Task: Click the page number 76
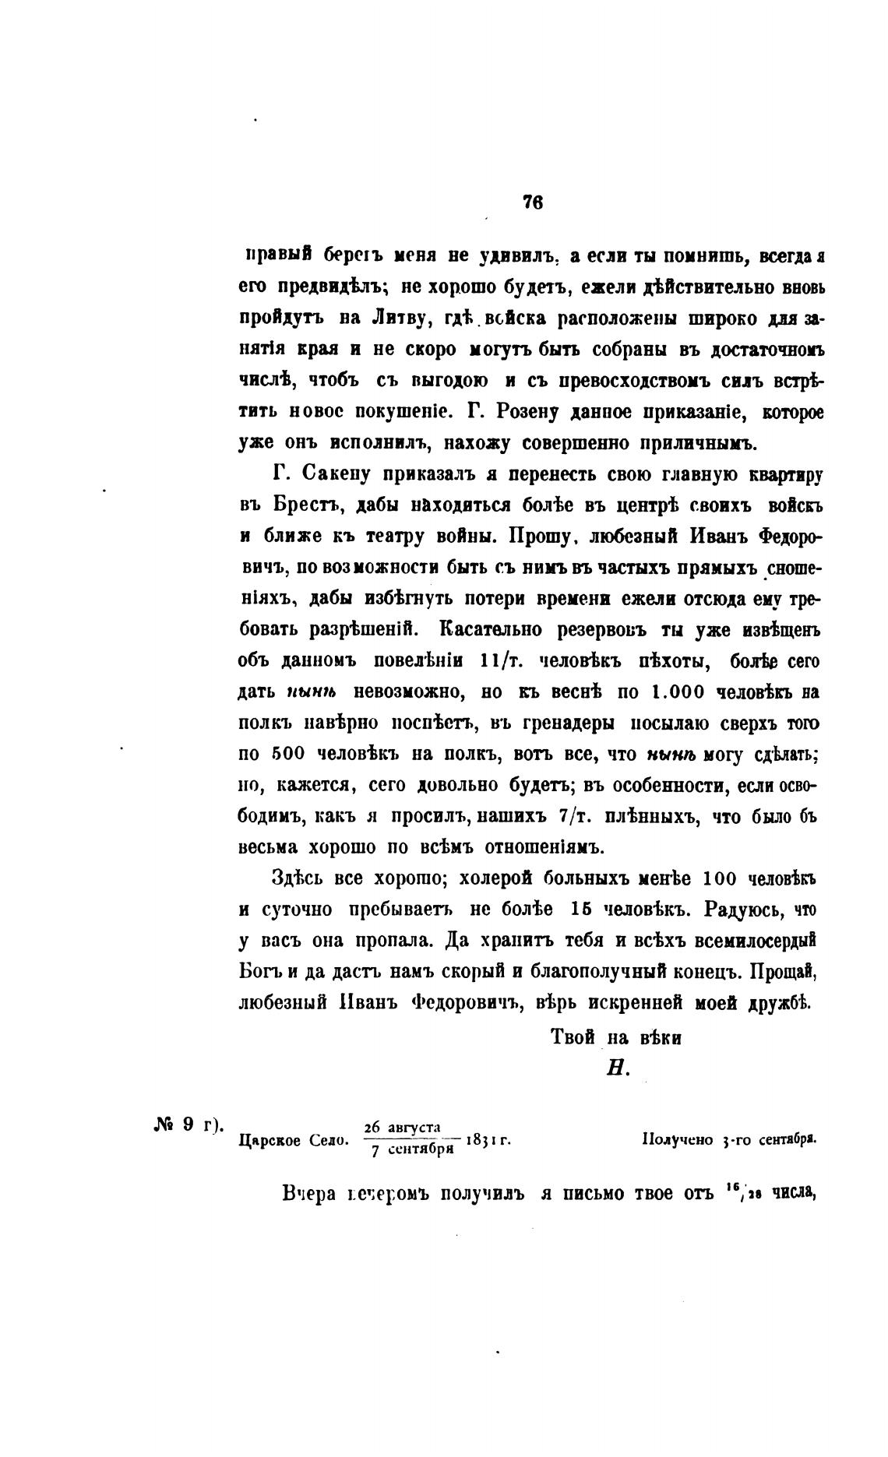tap(533, 202)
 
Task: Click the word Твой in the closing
tap(573, 1037)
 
